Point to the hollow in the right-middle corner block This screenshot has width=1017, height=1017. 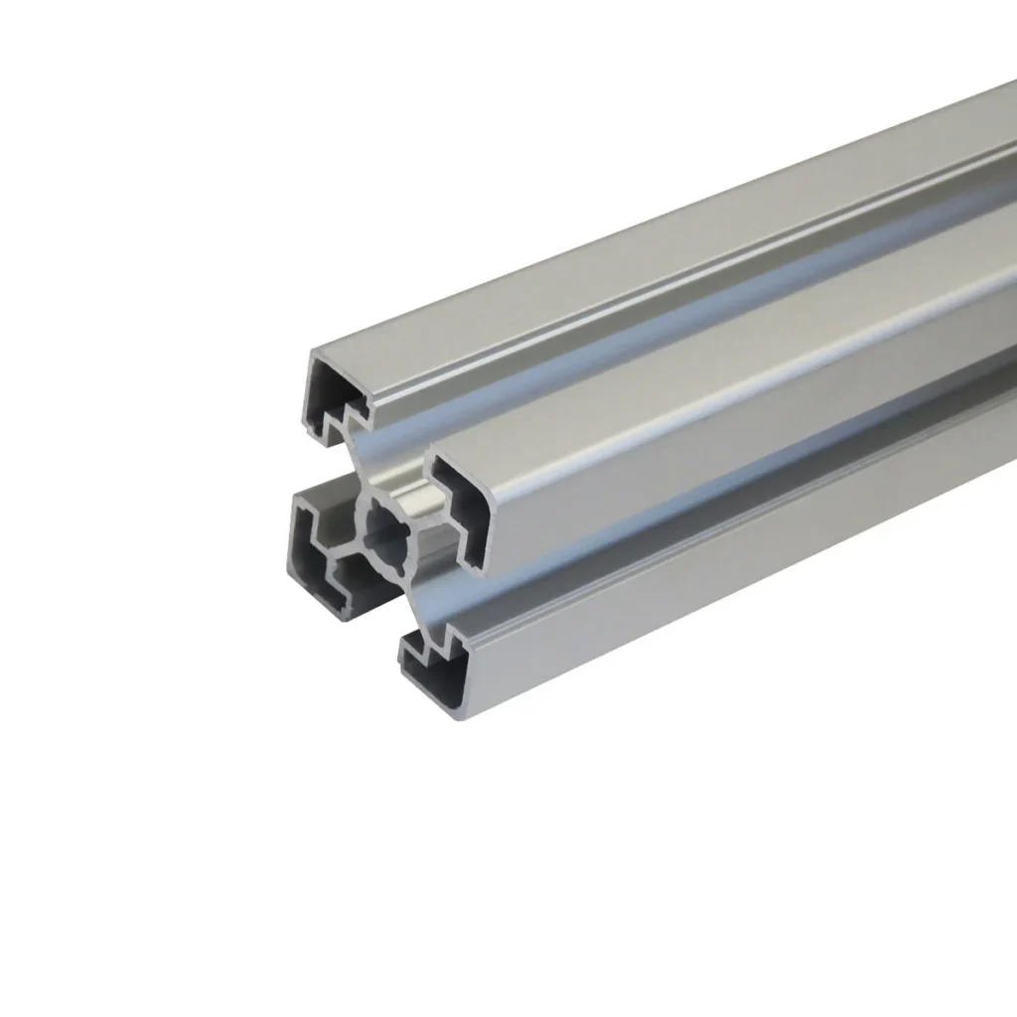point(469,507)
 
